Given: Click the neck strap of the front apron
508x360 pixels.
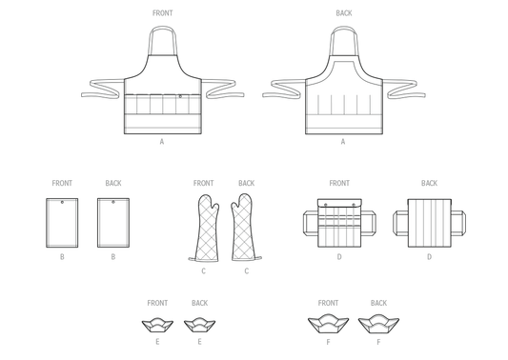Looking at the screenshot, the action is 162,29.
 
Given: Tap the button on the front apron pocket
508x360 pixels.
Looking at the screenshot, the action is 180,96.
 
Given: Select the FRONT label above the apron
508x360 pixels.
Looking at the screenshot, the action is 163,13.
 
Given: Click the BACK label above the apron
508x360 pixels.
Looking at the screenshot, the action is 344,13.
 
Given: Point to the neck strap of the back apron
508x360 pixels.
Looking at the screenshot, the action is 344,29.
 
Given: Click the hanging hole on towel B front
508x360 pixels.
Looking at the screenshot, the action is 62,202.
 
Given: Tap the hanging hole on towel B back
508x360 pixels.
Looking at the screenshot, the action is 113,202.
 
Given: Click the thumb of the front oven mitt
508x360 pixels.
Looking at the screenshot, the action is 214,208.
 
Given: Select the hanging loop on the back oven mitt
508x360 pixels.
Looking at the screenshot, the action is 258,258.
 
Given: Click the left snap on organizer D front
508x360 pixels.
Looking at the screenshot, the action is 326,205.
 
